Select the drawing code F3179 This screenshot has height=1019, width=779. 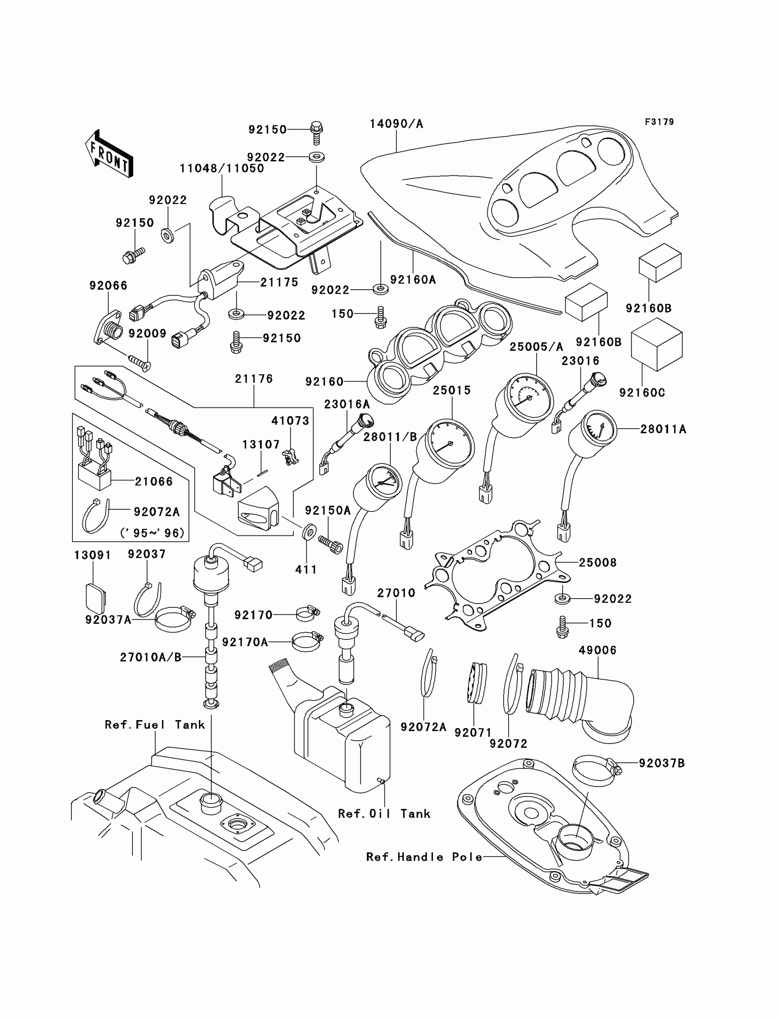click(659, 122)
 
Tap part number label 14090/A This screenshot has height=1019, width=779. click(396, 124)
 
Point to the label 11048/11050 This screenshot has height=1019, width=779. click(222, 168)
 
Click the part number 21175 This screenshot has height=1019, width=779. click(279, 282)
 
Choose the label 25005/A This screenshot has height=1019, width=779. click(537, 347)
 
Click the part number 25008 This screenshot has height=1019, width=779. click(598, 562)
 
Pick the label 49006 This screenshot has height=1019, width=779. click(598, 650)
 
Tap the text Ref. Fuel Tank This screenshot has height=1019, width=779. click(155, 724)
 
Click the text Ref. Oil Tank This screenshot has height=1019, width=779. click(384, 814)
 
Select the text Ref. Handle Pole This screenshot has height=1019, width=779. click(424, 857)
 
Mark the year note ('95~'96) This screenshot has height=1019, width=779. click(153, 533)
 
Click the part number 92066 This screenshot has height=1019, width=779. click(109, 286)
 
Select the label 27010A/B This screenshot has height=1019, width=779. click(151, 657)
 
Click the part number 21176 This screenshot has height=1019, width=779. click(254, 379)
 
